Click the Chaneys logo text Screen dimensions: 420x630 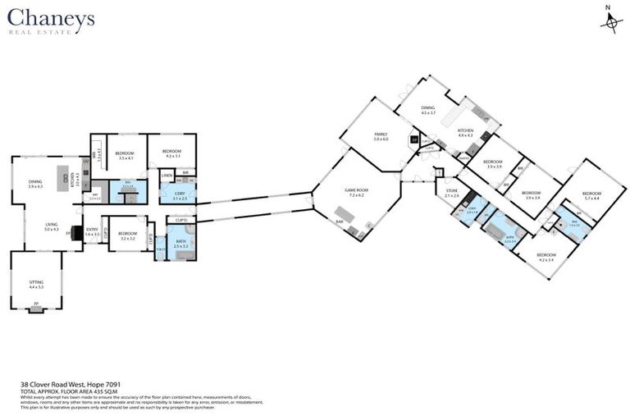pyautogui.click(x=51, y=18)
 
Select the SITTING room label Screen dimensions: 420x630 pyautogui.click(x=35, y=282)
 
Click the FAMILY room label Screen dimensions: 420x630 pyautogui.click(x=380, y=135)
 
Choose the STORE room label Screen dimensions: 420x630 pyautogui.click(x=452, y=193)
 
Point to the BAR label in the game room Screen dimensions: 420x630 pyautogui.click(x=338, y=221)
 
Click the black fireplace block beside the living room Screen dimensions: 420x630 pyautogui.click(x=76, y=234)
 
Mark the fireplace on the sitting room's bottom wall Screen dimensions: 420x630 pyautogui.click(x=35, y=310)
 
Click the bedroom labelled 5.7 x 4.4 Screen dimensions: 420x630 pyautogui.click(x=591, y=195)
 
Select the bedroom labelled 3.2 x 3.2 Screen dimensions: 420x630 pyautogui.click(x=127, y=235)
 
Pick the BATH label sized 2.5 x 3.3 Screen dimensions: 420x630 pyautogui.click(x=181, y=243)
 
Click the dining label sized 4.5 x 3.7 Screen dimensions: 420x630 pyautogui.click(x=427, y=109)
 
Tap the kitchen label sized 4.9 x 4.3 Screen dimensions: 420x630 pyautogui.click(x=465, y=132)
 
